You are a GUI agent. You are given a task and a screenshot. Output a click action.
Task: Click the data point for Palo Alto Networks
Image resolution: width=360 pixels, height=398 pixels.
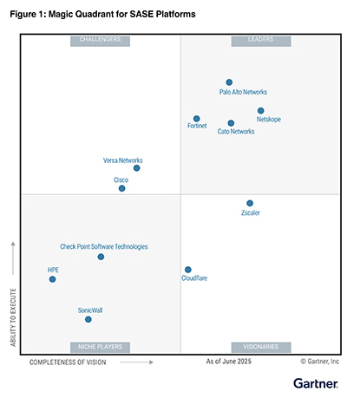coord(229,82)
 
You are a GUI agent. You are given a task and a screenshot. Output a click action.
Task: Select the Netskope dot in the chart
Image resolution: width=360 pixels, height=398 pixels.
coord(261,111)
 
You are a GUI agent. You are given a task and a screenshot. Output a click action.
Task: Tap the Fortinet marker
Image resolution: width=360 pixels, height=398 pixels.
coord(197,119)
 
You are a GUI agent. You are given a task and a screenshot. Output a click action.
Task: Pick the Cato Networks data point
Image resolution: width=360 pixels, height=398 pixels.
coord(231,123)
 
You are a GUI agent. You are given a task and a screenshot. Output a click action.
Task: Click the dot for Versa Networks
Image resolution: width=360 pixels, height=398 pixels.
coord(136,168)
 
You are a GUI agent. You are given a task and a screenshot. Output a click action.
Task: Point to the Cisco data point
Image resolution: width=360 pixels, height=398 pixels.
coord(121,188)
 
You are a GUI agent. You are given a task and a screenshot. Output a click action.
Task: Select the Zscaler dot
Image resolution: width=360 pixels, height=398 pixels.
coord(250,204)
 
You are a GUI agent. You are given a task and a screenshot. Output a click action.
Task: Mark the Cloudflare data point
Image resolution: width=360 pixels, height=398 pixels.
coord(187,270)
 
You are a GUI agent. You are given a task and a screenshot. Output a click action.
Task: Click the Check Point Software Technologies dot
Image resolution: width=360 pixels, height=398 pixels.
coord(101,257)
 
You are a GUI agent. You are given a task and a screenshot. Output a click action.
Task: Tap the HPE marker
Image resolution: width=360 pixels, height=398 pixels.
coord(52,279)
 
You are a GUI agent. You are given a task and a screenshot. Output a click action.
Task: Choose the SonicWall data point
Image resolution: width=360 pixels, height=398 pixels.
coord(88,319)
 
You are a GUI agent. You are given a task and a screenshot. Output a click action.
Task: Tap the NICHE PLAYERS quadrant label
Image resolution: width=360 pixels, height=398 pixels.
coord(100,347)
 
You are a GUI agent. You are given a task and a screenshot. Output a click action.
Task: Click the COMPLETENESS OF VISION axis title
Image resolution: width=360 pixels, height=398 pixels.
coord(68,362)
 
